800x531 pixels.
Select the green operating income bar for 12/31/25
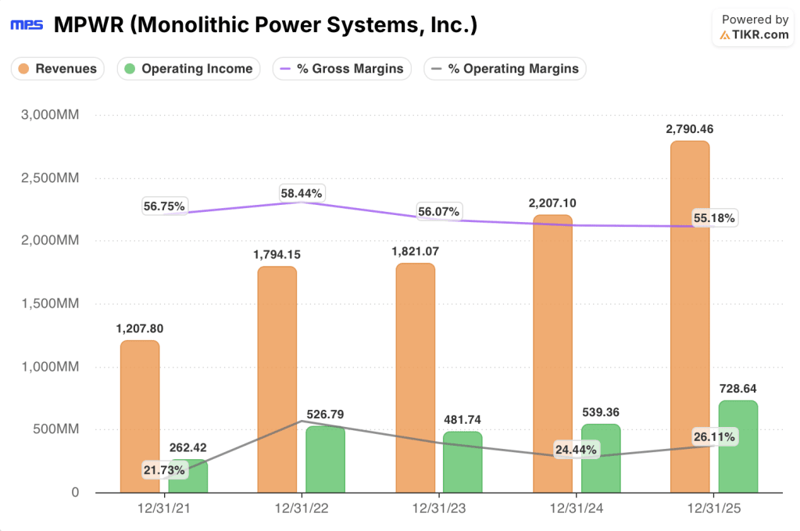[x=737, y=447]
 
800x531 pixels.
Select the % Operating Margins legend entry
[x=505, y=69]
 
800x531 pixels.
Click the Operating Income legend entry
[x=188, y=69]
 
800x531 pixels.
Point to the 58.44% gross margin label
[x=302, y=193]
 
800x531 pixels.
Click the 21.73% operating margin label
[x=164, y=470]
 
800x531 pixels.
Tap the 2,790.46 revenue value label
[x=690, y=129]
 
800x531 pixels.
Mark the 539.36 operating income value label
[x=600, y=412]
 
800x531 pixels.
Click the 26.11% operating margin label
[x=713, y=437]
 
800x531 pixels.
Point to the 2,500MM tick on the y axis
[x=48, y=178]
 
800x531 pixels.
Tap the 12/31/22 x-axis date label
[x=301, y=509]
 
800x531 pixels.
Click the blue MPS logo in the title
[x=26, y=25]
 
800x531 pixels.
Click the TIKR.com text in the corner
[x=760, y=35]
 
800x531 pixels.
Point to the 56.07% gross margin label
[x=440, y=212]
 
